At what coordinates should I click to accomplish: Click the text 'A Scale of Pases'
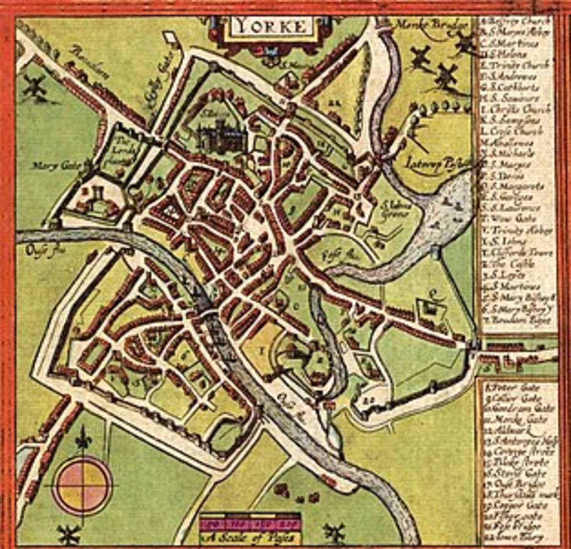click(250, 538)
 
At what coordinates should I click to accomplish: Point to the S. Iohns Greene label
click(394, 210)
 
